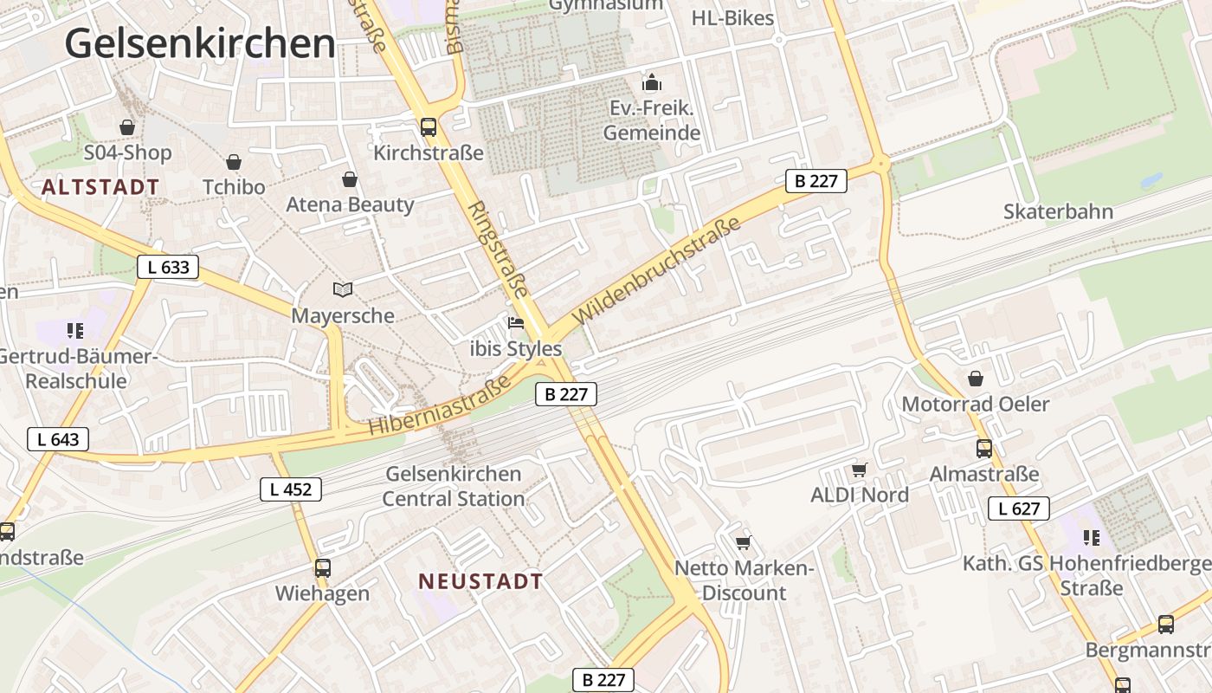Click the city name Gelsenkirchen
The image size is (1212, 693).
200,43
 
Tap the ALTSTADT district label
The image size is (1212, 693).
100,187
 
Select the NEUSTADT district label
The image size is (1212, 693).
480,581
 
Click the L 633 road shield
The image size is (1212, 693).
168,267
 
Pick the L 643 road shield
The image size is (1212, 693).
59,439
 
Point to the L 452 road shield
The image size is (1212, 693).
291,489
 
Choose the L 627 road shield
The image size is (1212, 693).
1019,508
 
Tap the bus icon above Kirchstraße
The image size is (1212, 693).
429,127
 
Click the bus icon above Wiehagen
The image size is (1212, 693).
322,568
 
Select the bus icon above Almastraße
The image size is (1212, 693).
984,449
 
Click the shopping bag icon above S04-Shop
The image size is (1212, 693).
127,127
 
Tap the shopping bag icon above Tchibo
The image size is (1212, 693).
234,162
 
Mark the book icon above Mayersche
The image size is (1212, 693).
343,289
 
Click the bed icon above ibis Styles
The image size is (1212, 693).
516,323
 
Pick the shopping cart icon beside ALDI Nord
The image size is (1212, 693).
859,470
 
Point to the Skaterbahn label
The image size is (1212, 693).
1058,211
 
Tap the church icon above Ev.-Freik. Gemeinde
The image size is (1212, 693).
651,83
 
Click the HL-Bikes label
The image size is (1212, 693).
732,17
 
